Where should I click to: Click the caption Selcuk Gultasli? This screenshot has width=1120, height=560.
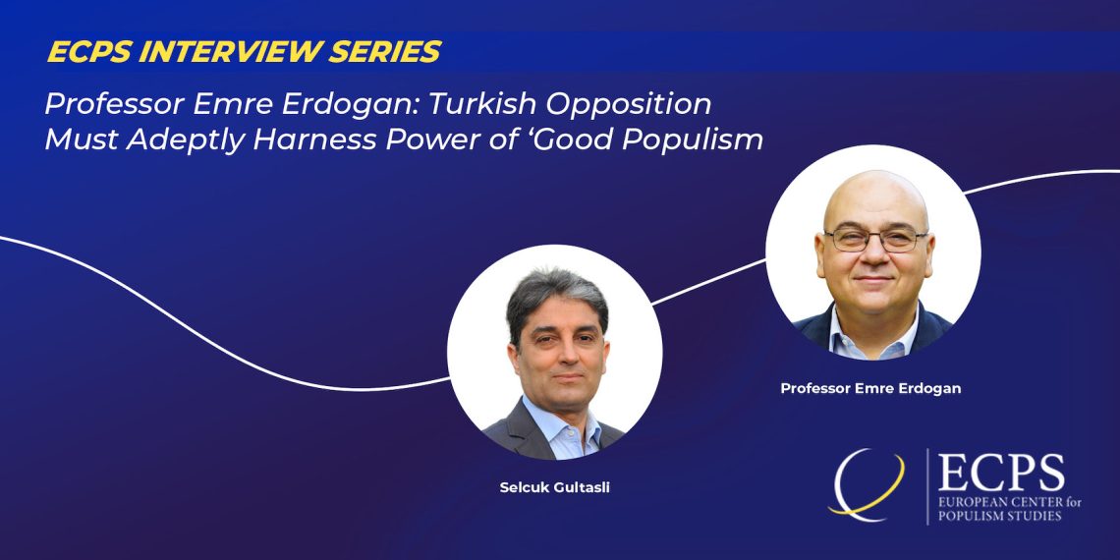(x=554, y=489)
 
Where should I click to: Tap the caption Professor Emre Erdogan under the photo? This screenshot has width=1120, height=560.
(x=870, y=389)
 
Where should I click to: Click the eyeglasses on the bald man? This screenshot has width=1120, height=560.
(x=875, y=240)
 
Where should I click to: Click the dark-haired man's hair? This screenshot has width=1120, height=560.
(x=556, y=295)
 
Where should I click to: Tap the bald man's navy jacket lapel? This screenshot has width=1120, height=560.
(x=821, y=328)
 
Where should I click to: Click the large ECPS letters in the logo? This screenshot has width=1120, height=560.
(x=1000, y=473)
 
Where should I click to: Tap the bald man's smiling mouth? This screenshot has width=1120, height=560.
(x=874, y=279)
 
